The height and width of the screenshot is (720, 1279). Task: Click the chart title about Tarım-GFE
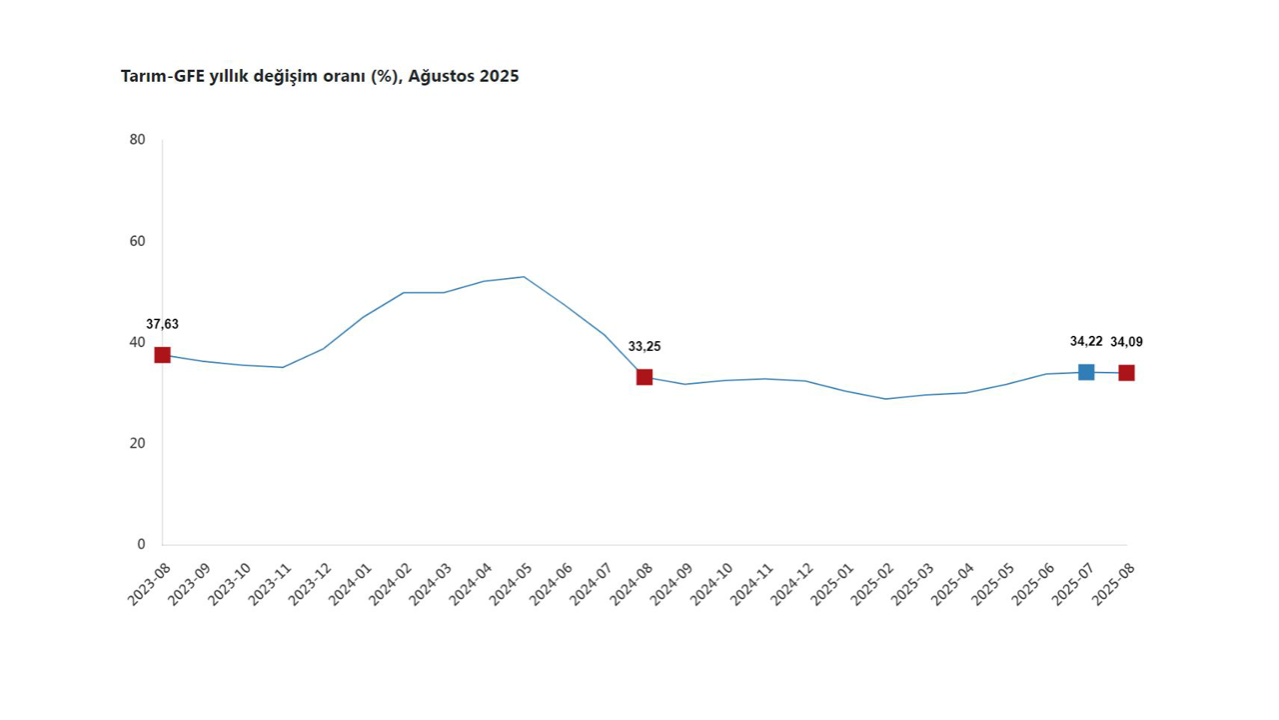[x=319, y=76]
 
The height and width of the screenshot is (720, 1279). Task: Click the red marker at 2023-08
[x=162, y=355]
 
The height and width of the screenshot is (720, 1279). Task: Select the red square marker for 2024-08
[x=644, y=377]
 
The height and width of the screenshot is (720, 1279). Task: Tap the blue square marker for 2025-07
[x=1086, y=372]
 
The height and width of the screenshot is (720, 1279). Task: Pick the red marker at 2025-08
[x=1126, y=373]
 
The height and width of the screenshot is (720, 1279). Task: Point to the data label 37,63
[x=162, y=324]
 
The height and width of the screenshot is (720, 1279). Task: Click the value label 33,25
[x=644, y=347]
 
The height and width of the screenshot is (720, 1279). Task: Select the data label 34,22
[x=1086, y=342]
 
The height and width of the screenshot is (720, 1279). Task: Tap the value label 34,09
[x=1126, y=342]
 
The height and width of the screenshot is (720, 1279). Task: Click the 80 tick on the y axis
[x=138, y=140]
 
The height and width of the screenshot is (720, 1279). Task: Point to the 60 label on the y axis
[x=138, y=241]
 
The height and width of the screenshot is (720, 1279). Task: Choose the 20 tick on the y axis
[x=138, y=443]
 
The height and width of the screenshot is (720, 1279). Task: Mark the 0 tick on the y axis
[x=141, y=544]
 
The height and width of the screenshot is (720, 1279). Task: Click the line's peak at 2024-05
[x=524, y=277]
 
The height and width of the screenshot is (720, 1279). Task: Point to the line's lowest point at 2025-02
[x=885, y=399]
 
